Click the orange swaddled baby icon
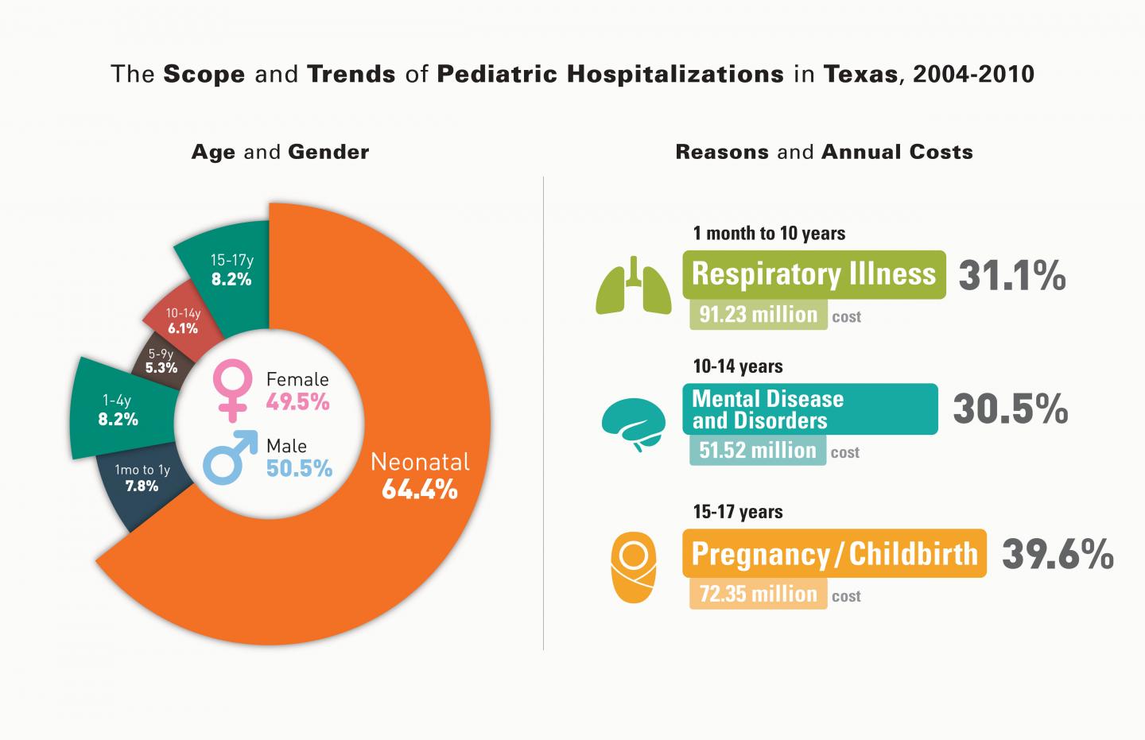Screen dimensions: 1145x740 click(x=633, y=568)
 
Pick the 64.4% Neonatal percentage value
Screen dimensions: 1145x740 click(x=420, y=489)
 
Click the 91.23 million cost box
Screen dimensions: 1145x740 click(x=758, y=314)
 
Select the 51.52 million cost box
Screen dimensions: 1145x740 click(x=758, y=450)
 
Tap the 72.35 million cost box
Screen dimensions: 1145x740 click(x=758, y=594)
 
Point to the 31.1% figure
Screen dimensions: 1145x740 click(x=1012, y=276)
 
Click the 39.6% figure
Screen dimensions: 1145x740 click(x=1058, y=554)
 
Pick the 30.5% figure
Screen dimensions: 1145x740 click(x=1011, y=409)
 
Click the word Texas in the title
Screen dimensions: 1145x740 click(x=861, y=74)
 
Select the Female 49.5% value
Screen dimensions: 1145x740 click(x=297, y=402)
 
